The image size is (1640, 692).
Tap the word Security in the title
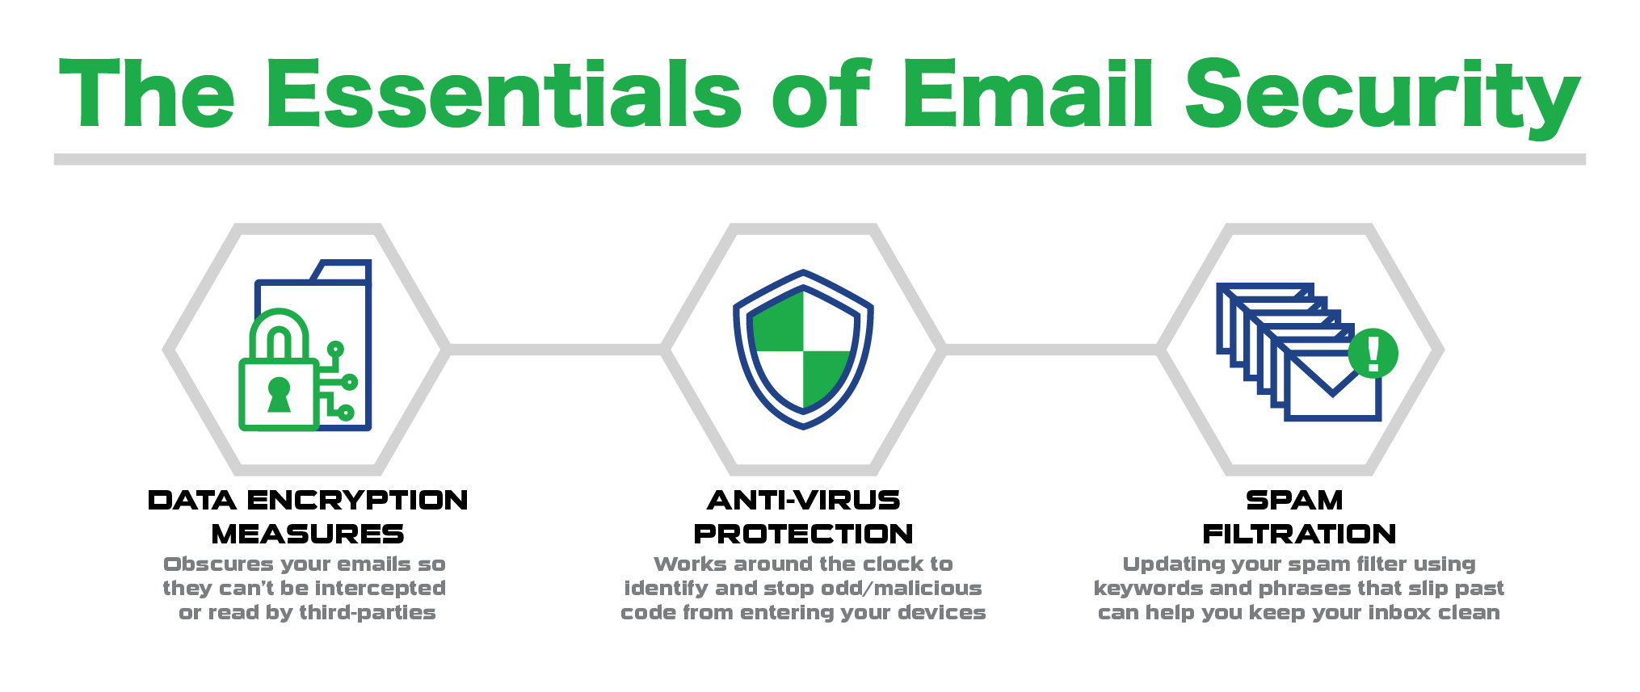click(x=1381, y=94)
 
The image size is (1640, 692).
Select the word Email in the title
click(x=1026, y=94)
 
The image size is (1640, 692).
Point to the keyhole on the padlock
click(x=279, y=393)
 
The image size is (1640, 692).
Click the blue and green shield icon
click(x=803, y=349)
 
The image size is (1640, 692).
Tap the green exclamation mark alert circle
click(x=1373, y=353)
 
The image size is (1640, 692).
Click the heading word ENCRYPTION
click(x=357, y=501)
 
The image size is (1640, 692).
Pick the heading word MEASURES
click(x=308, y=535)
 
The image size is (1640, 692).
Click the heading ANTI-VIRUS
click(x=803, y=501)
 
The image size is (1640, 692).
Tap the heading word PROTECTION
click(x=803, y=535)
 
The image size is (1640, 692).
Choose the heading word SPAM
click(x=1294, y=501)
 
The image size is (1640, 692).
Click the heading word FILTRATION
click(x=1299, y=535)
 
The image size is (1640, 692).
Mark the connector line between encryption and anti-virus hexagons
click(x=555, y=350)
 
